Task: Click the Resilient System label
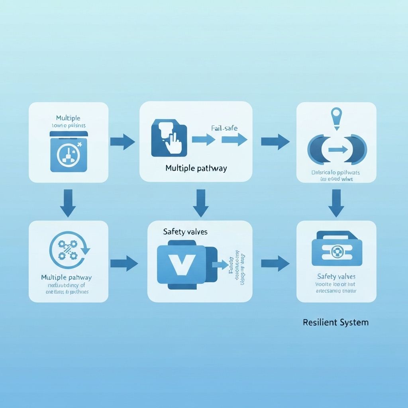[x=335, y=322]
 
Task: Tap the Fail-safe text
[x=222, y=128]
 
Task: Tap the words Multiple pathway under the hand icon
[x=196, y=168]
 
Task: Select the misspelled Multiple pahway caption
[x=67, y=277]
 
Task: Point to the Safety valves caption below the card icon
[x=336, y=276]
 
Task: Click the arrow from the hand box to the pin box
[x=275, y=142]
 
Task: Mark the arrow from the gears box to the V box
[x=124, y=263]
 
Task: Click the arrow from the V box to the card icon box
[x=275, y=263]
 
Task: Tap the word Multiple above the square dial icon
[x=68, y=118]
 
